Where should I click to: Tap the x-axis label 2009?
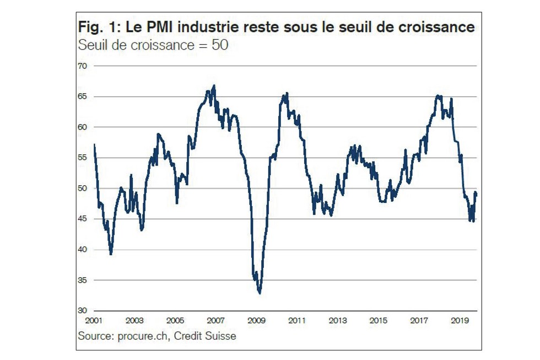(x=257, y=320)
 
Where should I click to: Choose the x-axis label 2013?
(x=338, y=320)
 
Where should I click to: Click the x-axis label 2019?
(x=460, y=320)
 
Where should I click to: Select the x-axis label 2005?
(x=175, y=320)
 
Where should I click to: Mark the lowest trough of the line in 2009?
(x=260, y=293)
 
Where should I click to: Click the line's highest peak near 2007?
(x=214, y=85)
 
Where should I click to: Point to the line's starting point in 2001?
(x=95, y=144)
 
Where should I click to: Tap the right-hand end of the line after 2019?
(x=476, y=192)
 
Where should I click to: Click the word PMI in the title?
(x=153, y=27)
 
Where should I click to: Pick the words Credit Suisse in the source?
(x=206, y=335)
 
